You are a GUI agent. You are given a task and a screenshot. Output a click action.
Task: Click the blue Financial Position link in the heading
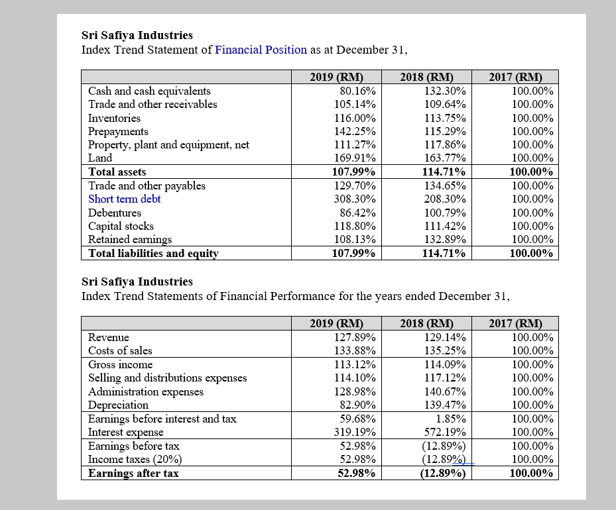pyautogui.click(x=261, y=50)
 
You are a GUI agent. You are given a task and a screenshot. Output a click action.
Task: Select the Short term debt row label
pyautogui.click(x=125, y=199)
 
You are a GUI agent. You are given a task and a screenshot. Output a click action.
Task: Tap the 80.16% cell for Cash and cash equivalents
pyautogui.click(x=357, y=91)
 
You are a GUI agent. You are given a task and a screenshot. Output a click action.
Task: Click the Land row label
pyautogui.click(x=100, y=158)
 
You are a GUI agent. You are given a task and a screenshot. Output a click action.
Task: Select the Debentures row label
pyautogui.click(x=115, y=213)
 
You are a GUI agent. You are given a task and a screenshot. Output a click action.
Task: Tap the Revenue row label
pyautogui.click(x=109, y=337)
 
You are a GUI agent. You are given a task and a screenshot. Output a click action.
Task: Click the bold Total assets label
pyautogui.click(x=117, y=172)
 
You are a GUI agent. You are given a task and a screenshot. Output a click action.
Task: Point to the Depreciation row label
pyautogui.click(x=119, y=405)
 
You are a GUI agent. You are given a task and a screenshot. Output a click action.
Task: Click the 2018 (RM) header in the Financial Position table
pyautogui.click(x=426, y=77)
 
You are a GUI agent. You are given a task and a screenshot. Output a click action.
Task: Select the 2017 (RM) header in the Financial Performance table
pyautogui.click(x=515, y=324)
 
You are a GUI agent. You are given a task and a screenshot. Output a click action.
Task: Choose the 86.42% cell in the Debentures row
pyautogui.click(x=357, y=213)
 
